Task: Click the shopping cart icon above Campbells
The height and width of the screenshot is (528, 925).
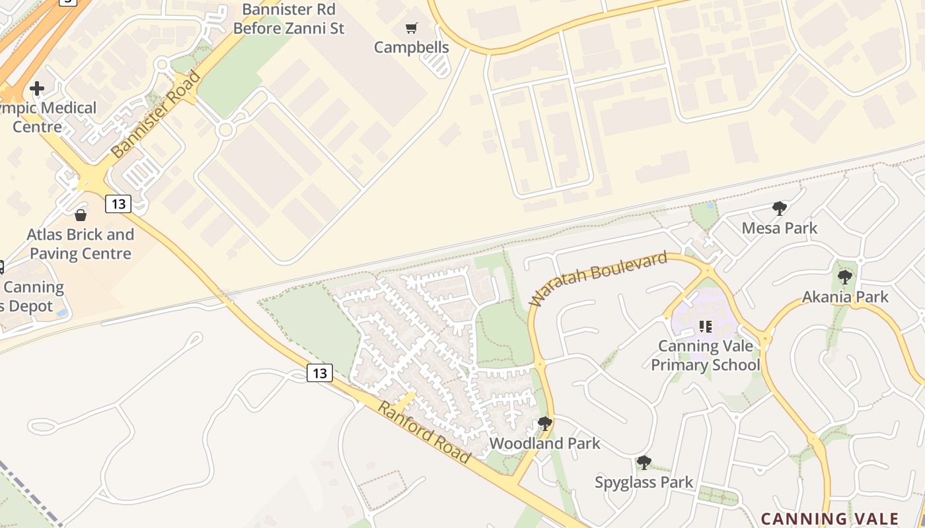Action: point(412,28)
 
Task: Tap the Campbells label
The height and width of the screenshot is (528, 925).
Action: point(412,48)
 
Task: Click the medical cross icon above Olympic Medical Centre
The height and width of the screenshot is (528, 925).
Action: point(37,88)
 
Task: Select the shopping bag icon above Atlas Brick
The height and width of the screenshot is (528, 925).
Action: point(81,215)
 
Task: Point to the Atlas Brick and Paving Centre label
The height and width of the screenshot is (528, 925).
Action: point(81,244)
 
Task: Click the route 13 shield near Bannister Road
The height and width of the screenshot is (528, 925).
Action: point(118,204)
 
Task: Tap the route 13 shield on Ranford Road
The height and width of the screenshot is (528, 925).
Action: point(320,373)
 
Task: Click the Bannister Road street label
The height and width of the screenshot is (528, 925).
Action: point(156,114)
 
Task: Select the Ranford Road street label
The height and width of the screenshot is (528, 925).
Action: point(424,432)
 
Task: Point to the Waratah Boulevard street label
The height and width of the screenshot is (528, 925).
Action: point(599,279)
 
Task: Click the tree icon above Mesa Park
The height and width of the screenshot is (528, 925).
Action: point(780,209)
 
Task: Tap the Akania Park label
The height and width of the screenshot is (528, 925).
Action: point(846,297)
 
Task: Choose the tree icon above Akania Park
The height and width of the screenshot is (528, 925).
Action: point(844,277)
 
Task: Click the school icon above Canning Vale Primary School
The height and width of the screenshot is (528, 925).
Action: point(706,327)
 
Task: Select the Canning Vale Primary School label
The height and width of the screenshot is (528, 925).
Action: point(706,355)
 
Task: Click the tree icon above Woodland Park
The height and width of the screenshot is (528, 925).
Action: point(545,423)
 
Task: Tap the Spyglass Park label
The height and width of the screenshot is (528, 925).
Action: point(644,482)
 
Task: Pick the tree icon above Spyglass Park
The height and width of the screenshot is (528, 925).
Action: point(644,463)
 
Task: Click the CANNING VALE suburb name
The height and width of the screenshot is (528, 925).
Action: point(831,519)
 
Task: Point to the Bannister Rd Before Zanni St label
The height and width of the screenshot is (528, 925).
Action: point(289,19)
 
